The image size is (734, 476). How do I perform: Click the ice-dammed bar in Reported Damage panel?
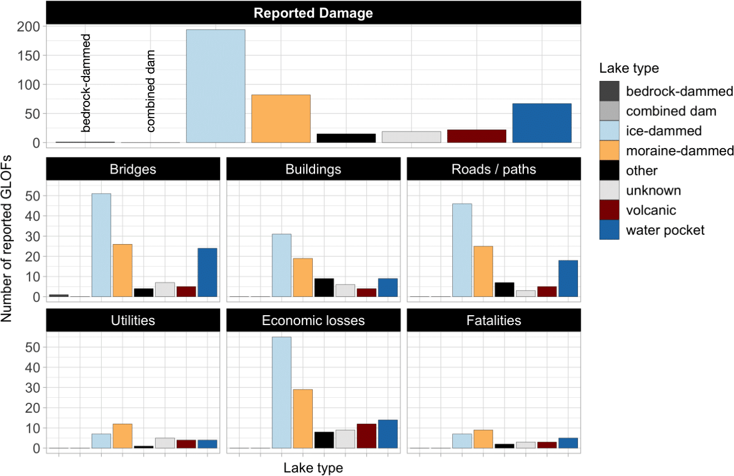click(216, 86)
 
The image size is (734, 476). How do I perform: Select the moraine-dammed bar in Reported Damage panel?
click(281, 119)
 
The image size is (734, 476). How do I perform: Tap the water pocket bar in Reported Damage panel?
click(542, 123)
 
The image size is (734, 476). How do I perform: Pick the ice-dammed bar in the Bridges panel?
click(101, 245)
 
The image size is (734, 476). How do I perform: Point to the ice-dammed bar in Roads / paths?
click(462, 250)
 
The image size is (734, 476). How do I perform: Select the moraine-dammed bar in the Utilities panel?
click(122, 436)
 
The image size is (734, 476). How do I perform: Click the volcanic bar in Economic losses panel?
click(366, 436)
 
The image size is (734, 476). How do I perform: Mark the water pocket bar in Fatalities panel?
click(568, 443)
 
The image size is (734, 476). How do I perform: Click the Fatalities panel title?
click(494, 321)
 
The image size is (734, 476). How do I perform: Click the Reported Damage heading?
click(313, 13)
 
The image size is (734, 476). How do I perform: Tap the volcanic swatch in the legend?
click(610, 210)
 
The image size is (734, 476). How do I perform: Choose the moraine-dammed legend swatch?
click(610, 150)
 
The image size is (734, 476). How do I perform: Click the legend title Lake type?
click(629, 69)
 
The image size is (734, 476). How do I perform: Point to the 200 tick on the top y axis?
click(28, 27)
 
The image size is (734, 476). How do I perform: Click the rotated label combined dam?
click(151, 92)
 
